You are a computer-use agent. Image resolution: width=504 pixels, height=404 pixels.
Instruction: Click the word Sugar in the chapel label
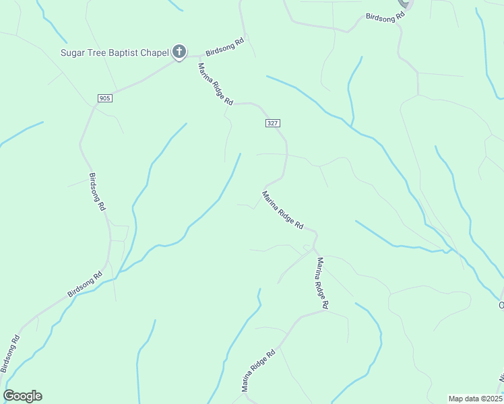click(74, 52)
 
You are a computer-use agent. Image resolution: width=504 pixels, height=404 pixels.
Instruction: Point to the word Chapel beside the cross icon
click(154, 52)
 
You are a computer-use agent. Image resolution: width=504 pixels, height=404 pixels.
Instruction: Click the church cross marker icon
click(179, 51)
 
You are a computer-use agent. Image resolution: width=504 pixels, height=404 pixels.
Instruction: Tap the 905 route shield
click(104, 98)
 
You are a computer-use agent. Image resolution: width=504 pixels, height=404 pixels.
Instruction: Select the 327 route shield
click(272, 123)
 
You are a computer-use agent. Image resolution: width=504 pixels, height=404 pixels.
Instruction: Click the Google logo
click(22, 396)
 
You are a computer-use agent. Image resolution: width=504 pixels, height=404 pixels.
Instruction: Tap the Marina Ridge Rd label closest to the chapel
click(215, 83)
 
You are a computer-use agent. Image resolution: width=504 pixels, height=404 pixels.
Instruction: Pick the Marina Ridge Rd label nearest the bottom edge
click(259, 370)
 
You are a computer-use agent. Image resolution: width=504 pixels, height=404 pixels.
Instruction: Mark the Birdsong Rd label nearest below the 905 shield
click(97, 193)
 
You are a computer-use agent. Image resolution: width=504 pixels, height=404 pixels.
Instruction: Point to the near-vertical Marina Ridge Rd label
click(321, 283)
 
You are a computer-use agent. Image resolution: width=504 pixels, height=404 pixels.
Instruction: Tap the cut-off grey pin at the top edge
click(405, 3)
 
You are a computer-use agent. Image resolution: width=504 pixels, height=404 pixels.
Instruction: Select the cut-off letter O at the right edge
click(501, 306)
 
